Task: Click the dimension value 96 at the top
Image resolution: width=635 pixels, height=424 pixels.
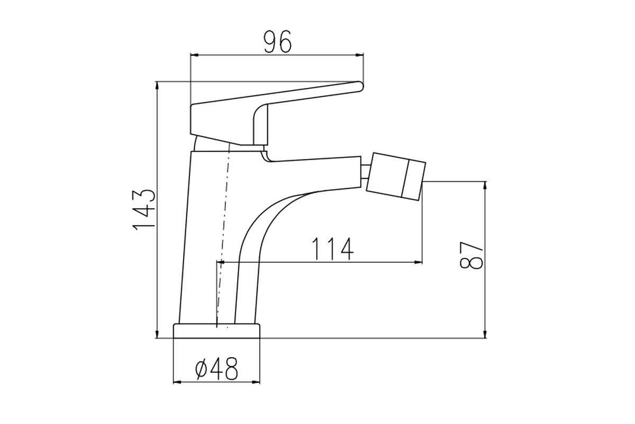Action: [x=277, y=41]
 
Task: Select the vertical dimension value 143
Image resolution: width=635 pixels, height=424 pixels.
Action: [x=144, y=209]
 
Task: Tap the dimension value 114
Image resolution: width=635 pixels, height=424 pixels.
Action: [x=333, y=249]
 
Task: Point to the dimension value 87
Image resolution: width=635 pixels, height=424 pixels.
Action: [x=471, y=255]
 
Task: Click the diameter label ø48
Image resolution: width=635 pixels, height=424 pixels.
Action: [x=216, y=369]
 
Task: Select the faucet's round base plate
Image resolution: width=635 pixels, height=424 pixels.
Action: [x=216, y=331]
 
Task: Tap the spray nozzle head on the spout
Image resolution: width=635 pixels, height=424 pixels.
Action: [x=396, y=176]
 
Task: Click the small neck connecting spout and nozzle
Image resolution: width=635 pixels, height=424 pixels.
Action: [x=365, y=171]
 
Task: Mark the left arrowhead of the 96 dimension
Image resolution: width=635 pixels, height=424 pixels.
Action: [x=195, y=55]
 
